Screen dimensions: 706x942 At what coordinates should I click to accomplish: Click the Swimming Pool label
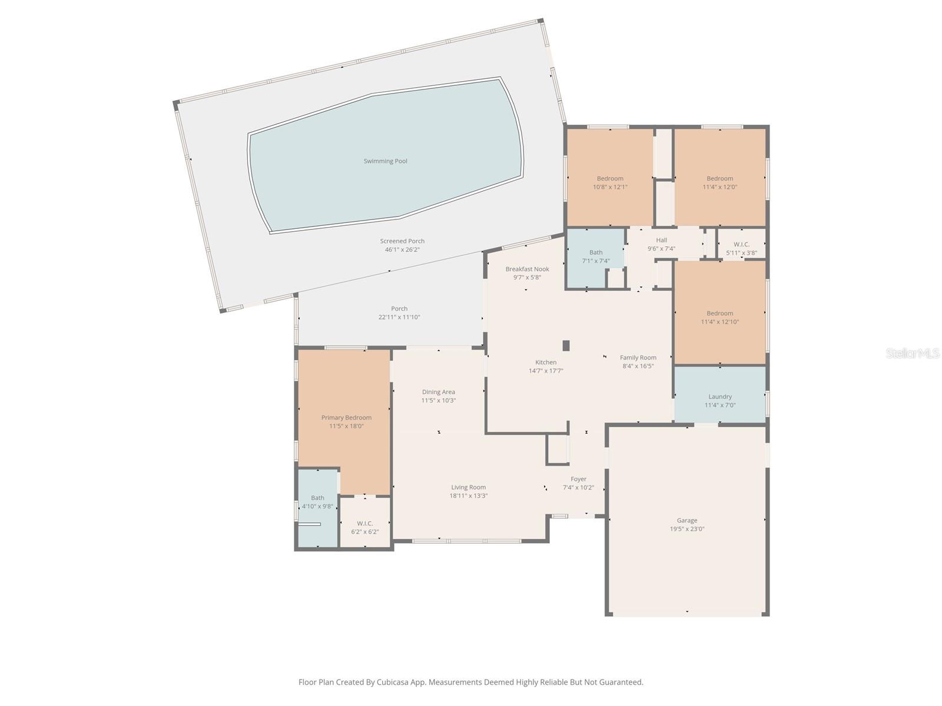click(385, 161)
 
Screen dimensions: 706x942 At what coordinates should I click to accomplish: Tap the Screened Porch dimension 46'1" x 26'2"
click(402, 249)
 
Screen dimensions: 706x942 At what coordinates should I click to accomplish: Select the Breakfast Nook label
click(527, 269)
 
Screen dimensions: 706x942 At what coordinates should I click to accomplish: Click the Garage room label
click(686, 520)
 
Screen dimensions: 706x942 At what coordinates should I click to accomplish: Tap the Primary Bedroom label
click(346, 418)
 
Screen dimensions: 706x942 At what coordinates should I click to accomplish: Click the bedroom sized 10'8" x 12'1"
click(610, 182)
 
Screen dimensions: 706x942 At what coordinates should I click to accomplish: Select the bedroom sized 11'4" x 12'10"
click(719, 317)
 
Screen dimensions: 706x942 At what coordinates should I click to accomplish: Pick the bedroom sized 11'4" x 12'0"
click(719, 182)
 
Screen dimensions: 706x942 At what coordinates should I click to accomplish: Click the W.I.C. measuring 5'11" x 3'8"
click(741, 249)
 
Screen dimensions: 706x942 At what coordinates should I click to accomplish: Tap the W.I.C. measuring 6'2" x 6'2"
click(364, 527)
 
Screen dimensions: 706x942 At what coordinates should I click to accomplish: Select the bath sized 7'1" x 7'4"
click(595, 257)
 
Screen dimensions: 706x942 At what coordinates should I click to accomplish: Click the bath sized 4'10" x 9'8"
click(317, 502)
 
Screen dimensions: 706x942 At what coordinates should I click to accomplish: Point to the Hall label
click(661, 240)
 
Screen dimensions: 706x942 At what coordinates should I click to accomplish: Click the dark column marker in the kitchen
click(566, 345)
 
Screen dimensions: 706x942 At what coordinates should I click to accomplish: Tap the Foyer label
click(578, 479)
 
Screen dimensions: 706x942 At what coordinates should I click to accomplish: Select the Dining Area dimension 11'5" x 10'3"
click(438, 401)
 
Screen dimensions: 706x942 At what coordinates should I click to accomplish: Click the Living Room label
click(468, 487)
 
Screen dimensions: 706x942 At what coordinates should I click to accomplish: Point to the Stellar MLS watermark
click(912, 354)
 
